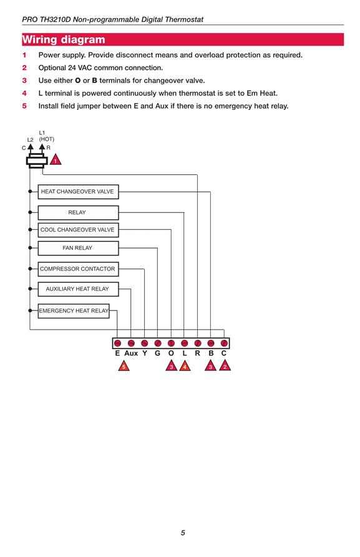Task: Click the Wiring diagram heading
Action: coord(64,39)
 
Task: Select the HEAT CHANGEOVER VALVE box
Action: coord(78,192)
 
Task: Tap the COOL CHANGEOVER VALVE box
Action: coord(78,230)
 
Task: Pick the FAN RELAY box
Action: coord(78,248)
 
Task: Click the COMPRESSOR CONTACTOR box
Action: coord(78,269)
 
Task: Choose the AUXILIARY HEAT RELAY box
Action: coord(78,289)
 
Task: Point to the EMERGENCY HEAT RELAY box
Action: coord(74,311)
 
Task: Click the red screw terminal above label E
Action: coord(117,343)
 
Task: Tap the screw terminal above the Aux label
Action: coord(131,343)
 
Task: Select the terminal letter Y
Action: coord(145,353)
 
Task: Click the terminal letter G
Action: coord(157,353)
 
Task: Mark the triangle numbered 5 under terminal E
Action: coord(124,366)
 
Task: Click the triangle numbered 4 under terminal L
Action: coord(185,366)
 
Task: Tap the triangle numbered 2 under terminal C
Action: coord(225,366)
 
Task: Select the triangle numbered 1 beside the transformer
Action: coord(55,160)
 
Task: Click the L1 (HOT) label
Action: coord(47,136)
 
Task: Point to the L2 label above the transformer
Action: coord(30,140)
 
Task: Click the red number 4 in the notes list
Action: coord(24,94)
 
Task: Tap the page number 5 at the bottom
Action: coord(183,533)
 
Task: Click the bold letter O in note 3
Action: coord(78,81)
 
